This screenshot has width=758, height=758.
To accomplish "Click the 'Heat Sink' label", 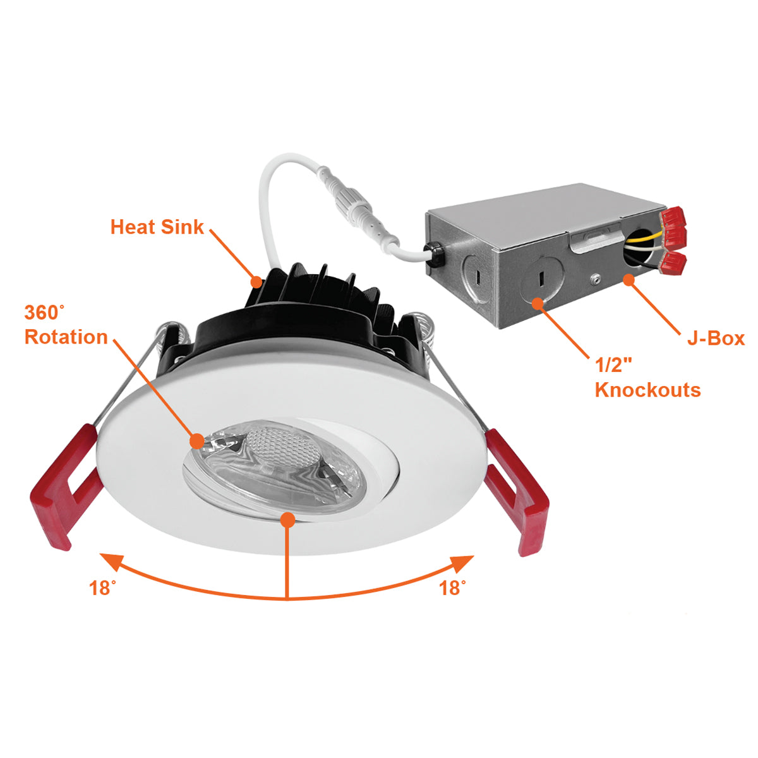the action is [x=157, y=227].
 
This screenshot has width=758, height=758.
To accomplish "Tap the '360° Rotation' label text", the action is [x=66, y=325].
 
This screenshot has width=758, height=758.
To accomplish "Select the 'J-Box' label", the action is [x=716, y=338].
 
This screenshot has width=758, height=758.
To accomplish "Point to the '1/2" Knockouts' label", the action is [x=647, y=378].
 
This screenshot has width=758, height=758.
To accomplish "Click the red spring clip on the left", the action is [x=64, y=486].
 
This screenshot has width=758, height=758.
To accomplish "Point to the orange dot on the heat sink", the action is [x=256, y=282].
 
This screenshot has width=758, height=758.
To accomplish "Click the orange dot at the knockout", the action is [x=538, y=304].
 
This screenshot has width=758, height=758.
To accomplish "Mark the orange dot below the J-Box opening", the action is [x=629, y=280].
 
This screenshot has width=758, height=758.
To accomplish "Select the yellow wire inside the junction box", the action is [x=643, y=238].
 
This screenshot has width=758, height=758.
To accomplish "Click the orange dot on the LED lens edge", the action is [x=197, y=441].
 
